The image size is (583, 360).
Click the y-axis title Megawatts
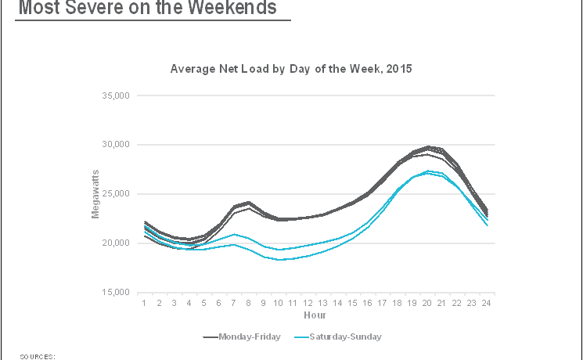pyautogui.click(x=96, y=193)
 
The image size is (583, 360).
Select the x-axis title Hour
pyautogui.click(x=315, y=315)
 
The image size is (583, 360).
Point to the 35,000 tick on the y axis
pyautogui.click(x=114, y=95)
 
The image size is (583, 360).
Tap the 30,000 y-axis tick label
pyautogui.click(x=114, y=145)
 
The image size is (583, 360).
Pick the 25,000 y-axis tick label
pyautogui.click(x=114, y=194)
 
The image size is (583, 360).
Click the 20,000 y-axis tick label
pyautogui.click(x=114, y=243)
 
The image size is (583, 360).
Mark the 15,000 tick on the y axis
pyautogui.click(x=114, y=293)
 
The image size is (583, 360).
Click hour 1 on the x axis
pyautogui.click(x=144, y=302)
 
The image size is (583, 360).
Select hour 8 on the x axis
pyautogui.click(x=249, y=302)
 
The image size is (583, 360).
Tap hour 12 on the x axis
pyautogui.click(x=308, y=302)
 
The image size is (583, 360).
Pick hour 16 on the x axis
pyautogui.click(x=368, y=302)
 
